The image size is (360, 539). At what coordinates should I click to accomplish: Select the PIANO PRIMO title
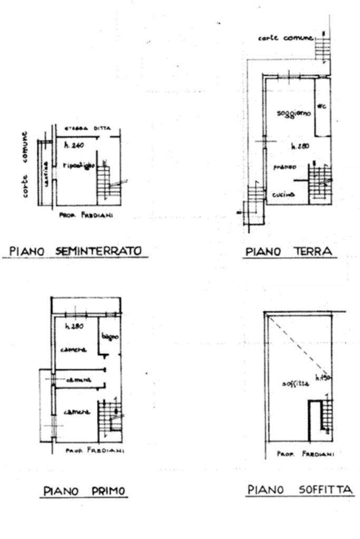point(84,491)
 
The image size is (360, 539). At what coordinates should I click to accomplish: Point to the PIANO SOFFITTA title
point(300,491)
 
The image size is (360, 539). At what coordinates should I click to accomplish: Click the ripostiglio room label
point(78,165)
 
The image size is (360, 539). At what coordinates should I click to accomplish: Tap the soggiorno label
point(293,114)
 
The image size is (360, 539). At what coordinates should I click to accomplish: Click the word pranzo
point(284,166)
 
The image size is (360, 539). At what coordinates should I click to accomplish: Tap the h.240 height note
point(74,145)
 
